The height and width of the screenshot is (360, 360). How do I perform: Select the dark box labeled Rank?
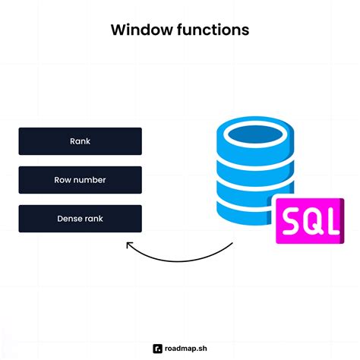point(80,141)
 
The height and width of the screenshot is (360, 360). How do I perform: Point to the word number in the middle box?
point(90,180)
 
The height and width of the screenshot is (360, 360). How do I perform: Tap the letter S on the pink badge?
point(292,221)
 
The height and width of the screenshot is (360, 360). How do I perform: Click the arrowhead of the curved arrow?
point(130,245)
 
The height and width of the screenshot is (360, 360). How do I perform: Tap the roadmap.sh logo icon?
point(157,349)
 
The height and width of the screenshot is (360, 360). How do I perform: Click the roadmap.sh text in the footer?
point(185,349)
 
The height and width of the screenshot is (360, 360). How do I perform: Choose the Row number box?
point(80,180)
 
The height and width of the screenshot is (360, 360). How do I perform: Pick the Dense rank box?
point(80,219)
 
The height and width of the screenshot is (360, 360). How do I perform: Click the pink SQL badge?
point(311,221)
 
